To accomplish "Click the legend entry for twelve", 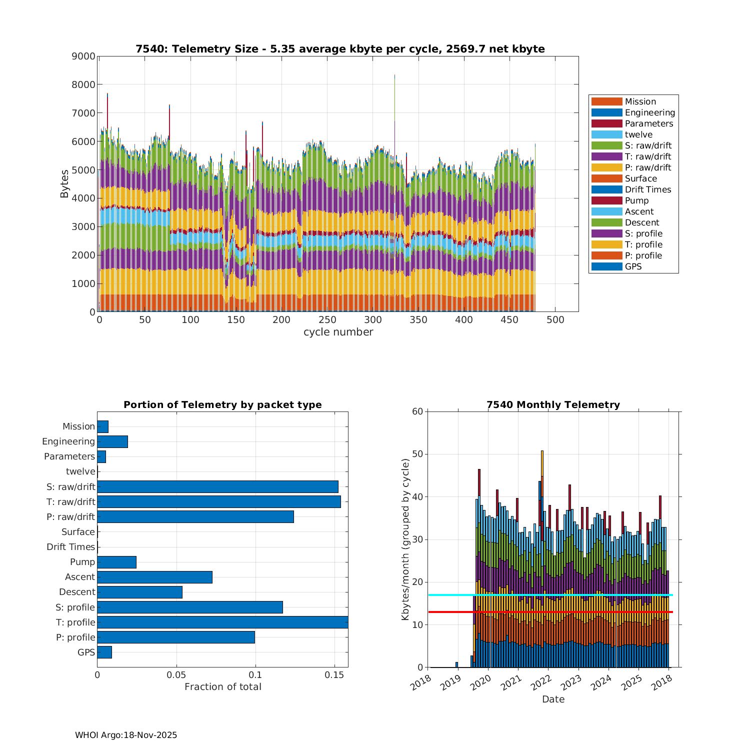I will coord(638,134).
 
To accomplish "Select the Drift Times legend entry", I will coord(647,189).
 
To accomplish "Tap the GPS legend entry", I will coord(633,266).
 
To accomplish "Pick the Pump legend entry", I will coord(636,200).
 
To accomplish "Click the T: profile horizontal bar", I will coord(222,622).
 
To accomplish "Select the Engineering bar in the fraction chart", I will coord(112,441).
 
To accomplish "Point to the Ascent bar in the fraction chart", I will coord(154,577).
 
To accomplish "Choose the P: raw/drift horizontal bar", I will coord(195,516).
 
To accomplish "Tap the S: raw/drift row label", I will coord(70,486).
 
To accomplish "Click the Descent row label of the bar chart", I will coord(77,592).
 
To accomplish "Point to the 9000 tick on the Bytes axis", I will coord(83,56).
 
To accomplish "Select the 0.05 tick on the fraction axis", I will coord(176,675).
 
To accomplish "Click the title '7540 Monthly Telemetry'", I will coord(553,405).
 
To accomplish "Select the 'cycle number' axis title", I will coord(338,332).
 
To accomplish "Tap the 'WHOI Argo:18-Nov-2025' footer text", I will coord(126,735).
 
